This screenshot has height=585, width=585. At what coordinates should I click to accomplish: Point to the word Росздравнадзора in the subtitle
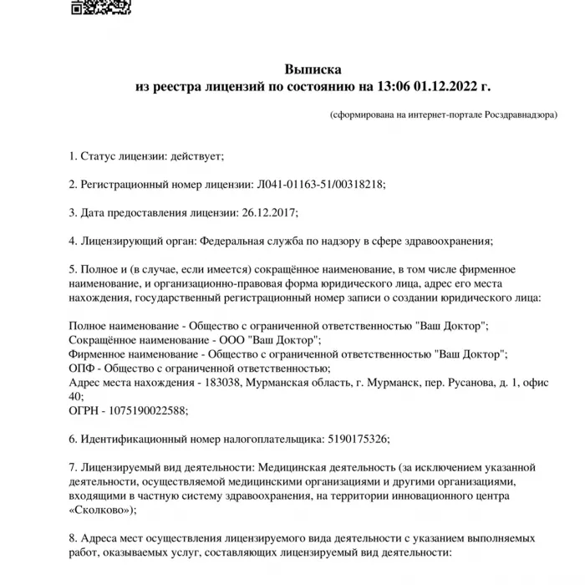coord(520,116)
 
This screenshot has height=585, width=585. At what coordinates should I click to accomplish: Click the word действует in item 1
coord(197,155)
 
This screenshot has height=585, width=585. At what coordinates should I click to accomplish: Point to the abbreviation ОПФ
coord(82,369)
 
